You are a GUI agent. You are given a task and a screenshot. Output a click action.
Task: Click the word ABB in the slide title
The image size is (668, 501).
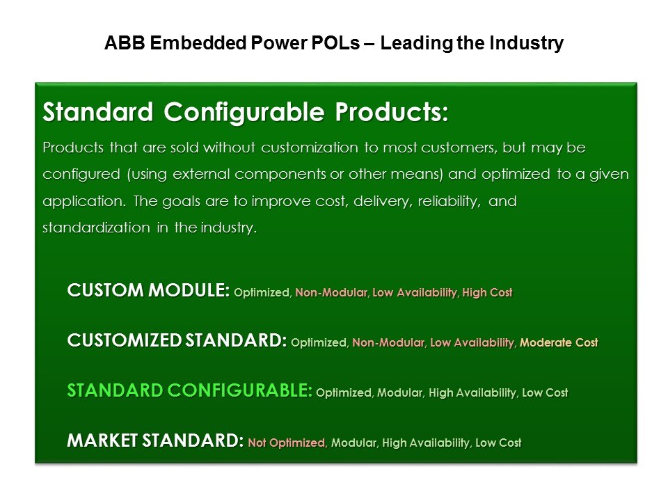pos(125,43)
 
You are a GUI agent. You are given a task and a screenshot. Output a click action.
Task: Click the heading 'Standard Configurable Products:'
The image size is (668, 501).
pos(246,112)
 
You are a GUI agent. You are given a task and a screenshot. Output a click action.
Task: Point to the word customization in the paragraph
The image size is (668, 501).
pos(310,148)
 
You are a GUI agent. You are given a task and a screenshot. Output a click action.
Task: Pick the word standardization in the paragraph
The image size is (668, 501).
pos(96,228)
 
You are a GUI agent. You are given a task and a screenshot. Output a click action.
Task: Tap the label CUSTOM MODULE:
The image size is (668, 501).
pos(148,290)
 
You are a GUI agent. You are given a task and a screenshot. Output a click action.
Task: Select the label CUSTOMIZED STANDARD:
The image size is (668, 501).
pos(177,340)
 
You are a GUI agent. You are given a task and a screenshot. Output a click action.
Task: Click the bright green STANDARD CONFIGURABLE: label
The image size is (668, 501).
pos(189,390)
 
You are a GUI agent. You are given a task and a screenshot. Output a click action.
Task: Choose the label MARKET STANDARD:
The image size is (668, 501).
pos(155,440)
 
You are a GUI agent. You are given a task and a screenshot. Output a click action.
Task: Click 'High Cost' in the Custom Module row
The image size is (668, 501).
pos(487,292)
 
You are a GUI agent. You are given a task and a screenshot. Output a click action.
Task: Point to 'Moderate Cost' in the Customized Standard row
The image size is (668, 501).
pos(559,342)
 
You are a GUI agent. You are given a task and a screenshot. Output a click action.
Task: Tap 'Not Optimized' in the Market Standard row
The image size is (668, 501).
pos(287,443)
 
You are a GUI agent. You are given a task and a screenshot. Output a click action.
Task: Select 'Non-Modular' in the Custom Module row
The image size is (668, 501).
pos(331,292)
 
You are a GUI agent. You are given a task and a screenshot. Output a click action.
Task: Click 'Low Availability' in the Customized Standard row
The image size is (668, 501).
pos(472,342)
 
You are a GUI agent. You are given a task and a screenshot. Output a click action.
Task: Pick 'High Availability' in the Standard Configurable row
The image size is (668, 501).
pos(472,392)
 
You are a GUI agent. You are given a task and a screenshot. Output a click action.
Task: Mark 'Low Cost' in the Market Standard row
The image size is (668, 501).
pos(498,443)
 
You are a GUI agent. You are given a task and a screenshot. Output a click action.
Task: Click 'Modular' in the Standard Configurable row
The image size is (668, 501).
pos(400,392)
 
